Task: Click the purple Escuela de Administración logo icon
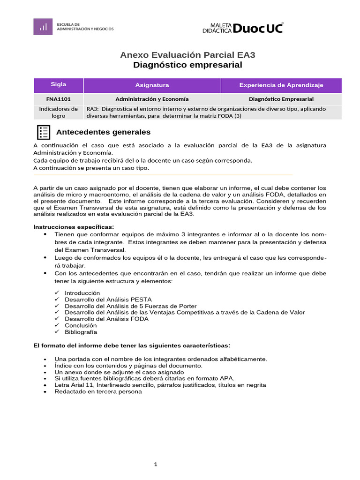(x=43, y=26)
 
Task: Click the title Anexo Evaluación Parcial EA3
(x=187, y=55)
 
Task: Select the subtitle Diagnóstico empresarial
(x=187, y=65)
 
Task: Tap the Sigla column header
(x=58, y=85)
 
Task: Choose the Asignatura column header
(x=152, y=85)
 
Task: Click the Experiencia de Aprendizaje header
(x=281, y=85)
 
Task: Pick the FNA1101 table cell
(x=58, y=99)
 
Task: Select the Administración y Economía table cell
(x=152, y=99)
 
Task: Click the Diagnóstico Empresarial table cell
(x=281, y=99)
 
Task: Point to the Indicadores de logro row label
(x=58, y=112)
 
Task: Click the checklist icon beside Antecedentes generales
(x=43, y=132)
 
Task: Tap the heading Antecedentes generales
(x=103, y=132)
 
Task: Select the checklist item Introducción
(x=82, y=293)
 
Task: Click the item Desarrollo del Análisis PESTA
(x=108, y=300)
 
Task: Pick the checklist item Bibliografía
(x=81, y=332)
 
